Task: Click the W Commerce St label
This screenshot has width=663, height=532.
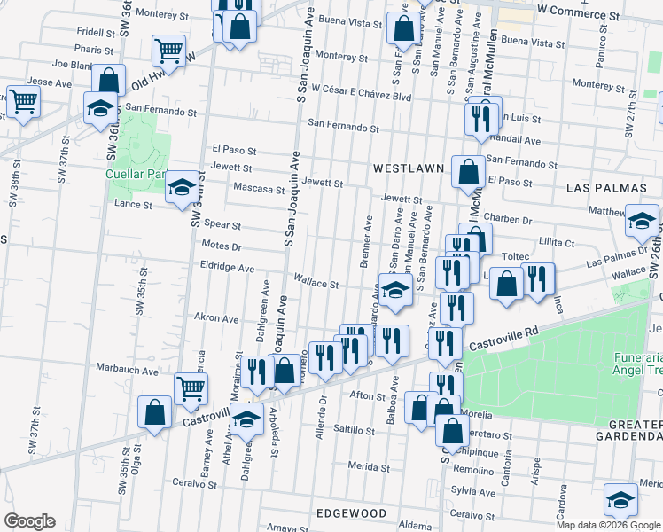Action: pyautogui.click(x=578, y=15)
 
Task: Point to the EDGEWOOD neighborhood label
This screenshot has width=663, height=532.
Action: pyautogui.click(x=350, y=513)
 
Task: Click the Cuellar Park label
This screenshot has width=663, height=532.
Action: pyautogui.click(x=136, y=174)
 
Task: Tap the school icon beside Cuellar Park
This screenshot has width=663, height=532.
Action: pyautogui.click(x=183, y=187)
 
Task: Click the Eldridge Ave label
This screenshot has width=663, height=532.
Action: pyautogui.click(x=227, y=267)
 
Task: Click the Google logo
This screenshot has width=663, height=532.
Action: pyautogui.click(x=28, y=521)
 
